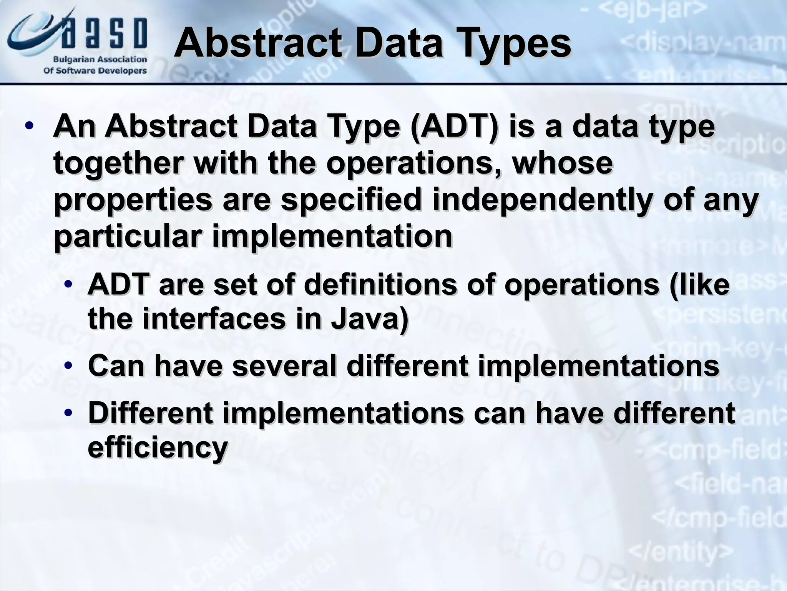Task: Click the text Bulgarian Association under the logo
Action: (x=100, y=60)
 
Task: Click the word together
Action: (x=118, y=163)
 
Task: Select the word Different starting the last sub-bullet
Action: (x=150, y=413)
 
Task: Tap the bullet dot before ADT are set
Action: (x=68, y=285)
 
